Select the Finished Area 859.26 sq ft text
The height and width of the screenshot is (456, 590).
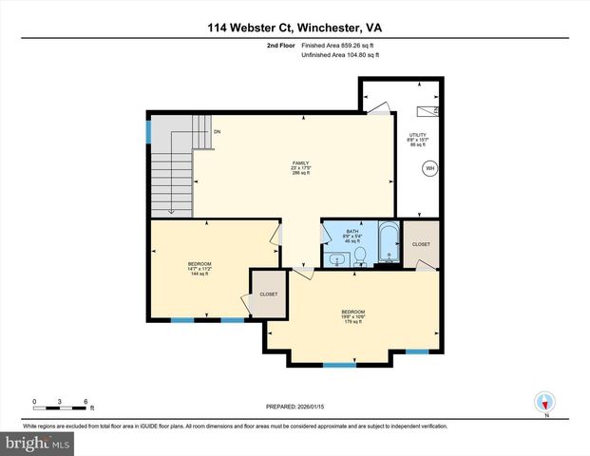pyautogui.click(x=340, y=45)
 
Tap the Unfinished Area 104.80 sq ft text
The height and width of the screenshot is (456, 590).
pyautogui.click(x=340, y=55)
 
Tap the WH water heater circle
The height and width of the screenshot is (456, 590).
pyautogui.click(x=429, y=169)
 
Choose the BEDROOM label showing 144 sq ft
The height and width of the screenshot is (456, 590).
pyautogui.click(x=200, y=269)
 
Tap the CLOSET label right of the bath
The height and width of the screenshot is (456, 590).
pyautogui.click(x=421, y=244)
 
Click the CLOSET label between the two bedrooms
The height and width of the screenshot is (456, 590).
pyautogui.click(x=269, y=294)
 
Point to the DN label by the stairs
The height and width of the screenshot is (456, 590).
pyautogui.click(x=218, y=131)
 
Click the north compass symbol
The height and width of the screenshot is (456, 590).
pyautogui.click(x=545, y=402)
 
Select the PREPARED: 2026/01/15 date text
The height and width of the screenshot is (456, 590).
pyautogui.click(x=295, y=407)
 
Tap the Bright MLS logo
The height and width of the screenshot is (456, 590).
pyautogui.click(x=37, y=444)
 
